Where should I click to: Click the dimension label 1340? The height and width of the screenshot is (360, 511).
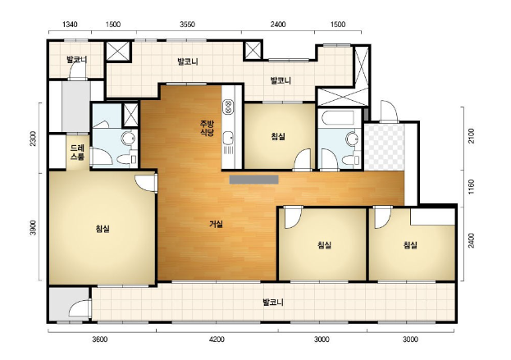point(70,25)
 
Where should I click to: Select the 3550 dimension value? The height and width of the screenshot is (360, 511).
point(187,25)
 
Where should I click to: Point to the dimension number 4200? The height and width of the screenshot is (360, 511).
point(217,339)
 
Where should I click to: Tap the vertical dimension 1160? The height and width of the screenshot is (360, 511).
point(472,187)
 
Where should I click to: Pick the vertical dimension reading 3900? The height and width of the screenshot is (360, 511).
point(33,227)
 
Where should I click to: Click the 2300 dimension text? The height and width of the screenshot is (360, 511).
point(33,139)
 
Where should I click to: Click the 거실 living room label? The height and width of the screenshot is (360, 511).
point(216,224)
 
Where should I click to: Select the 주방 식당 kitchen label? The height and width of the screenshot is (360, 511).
point(207,128)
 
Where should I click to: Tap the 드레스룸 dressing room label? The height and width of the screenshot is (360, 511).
point(77,153)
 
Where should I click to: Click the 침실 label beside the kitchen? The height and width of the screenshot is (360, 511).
point(278,136)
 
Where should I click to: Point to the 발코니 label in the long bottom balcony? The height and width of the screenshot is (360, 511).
point(273,303)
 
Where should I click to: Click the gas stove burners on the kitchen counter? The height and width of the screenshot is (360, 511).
point(228,107)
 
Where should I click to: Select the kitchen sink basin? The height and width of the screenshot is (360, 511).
point(228,138)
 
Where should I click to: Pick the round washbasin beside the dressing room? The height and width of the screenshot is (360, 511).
point(128,138)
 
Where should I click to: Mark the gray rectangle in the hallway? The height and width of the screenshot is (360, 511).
point(254,180)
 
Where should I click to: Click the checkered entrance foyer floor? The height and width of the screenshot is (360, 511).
point(385,147)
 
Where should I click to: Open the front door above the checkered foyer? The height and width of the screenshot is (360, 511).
point(389,111)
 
